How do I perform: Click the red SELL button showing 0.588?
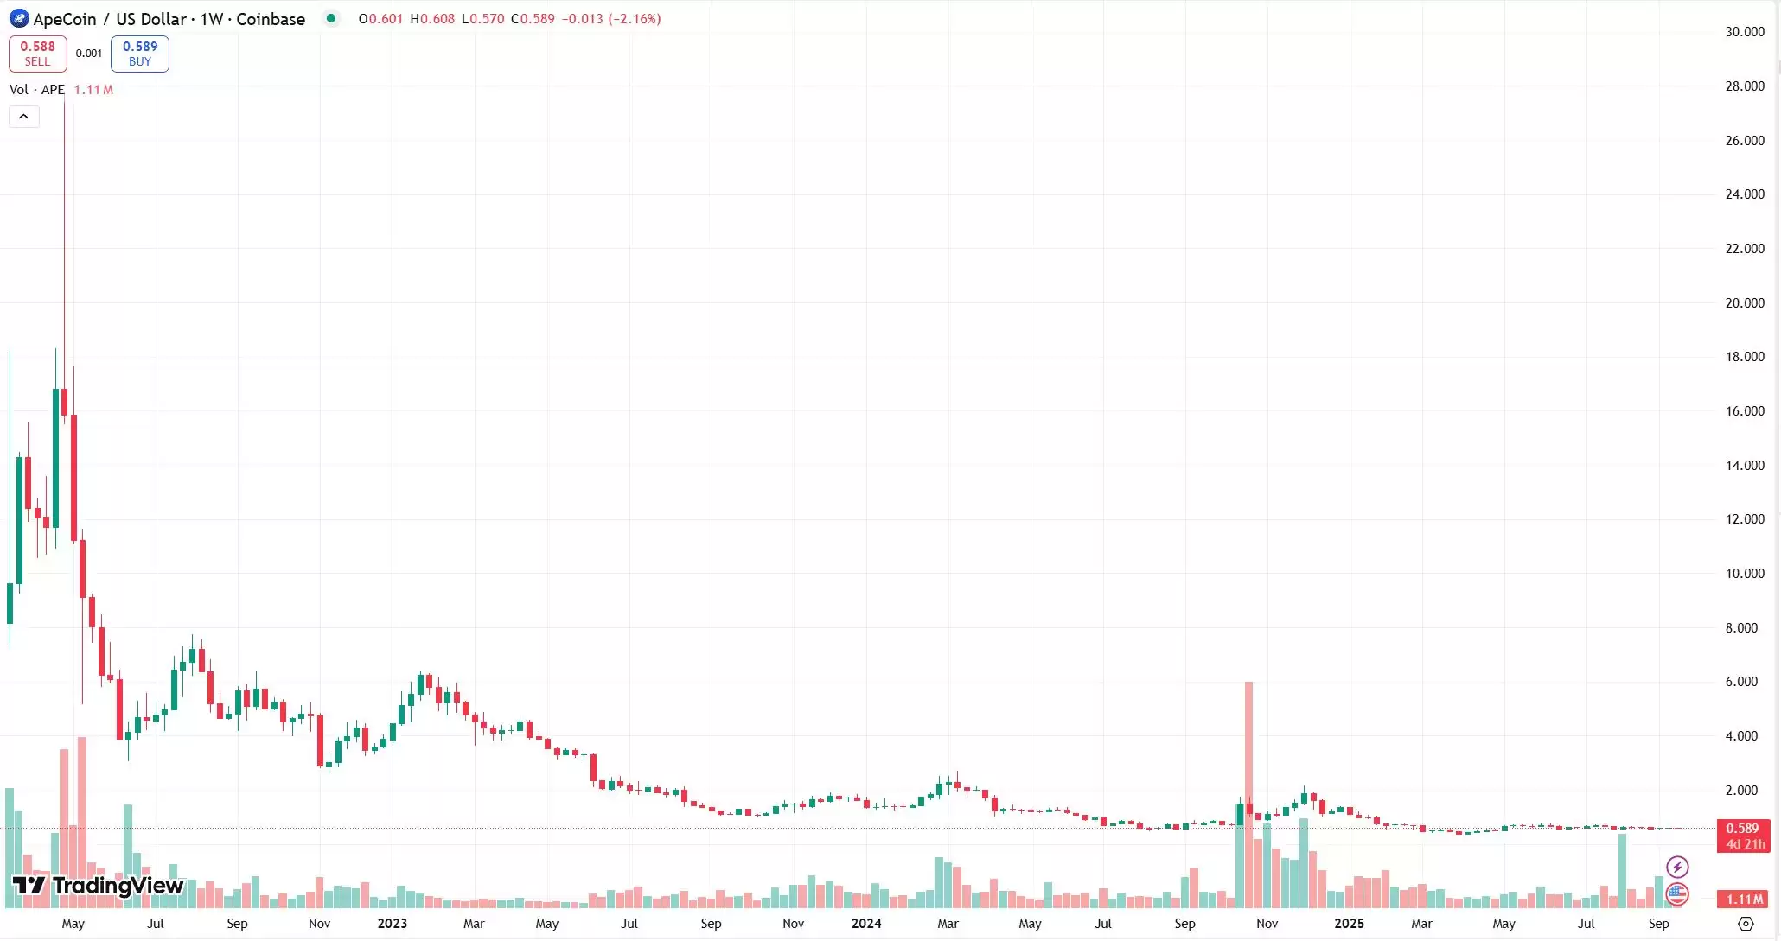[37, 54]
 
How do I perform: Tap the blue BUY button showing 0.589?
[139, 54]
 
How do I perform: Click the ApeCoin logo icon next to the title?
[18, 19]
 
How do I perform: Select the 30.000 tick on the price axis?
[1744, 32]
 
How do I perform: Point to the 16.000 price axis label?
[1744, 411]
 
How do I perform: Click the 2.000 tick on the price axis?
[1740, 791]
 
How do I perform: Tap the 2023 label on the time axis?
[392, 924]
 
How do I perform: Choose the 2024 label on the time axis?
[866, 924]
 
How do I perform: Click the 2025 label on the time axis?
[1349, 924]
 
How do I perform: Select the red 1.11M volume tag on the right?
[1743, 900]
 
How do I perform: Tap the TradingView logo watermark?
[99, 886]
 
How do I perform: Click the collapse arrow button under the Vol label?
[23, 117]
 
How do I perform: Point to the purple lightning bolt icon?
[1677, 867]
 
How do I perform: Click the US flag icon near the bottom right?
[1677, 893]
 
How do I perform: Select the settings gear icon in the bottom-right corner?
[1746, 924]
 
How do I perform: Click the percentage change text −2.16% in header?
[635, 19]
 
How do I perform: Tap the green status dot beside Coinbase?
[331, 18]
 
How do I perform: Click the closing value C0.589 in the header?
[533, 19]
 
